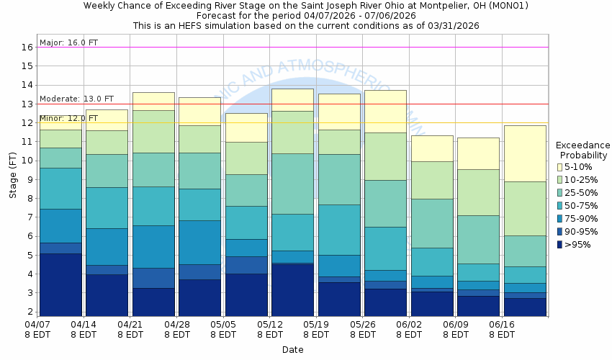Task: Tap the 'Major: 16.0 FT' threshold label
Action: coord(68,42)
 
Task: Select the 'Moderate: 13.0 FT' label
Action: coord(76,99)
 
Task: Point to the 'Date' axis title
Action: coord(292,350)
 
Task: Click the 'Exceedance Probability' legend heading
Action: coord(582,150)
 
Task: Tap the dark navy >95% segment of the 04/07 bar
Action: coord(60,284)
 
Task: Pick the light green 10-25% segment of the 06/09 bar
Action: coord(478,192)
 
